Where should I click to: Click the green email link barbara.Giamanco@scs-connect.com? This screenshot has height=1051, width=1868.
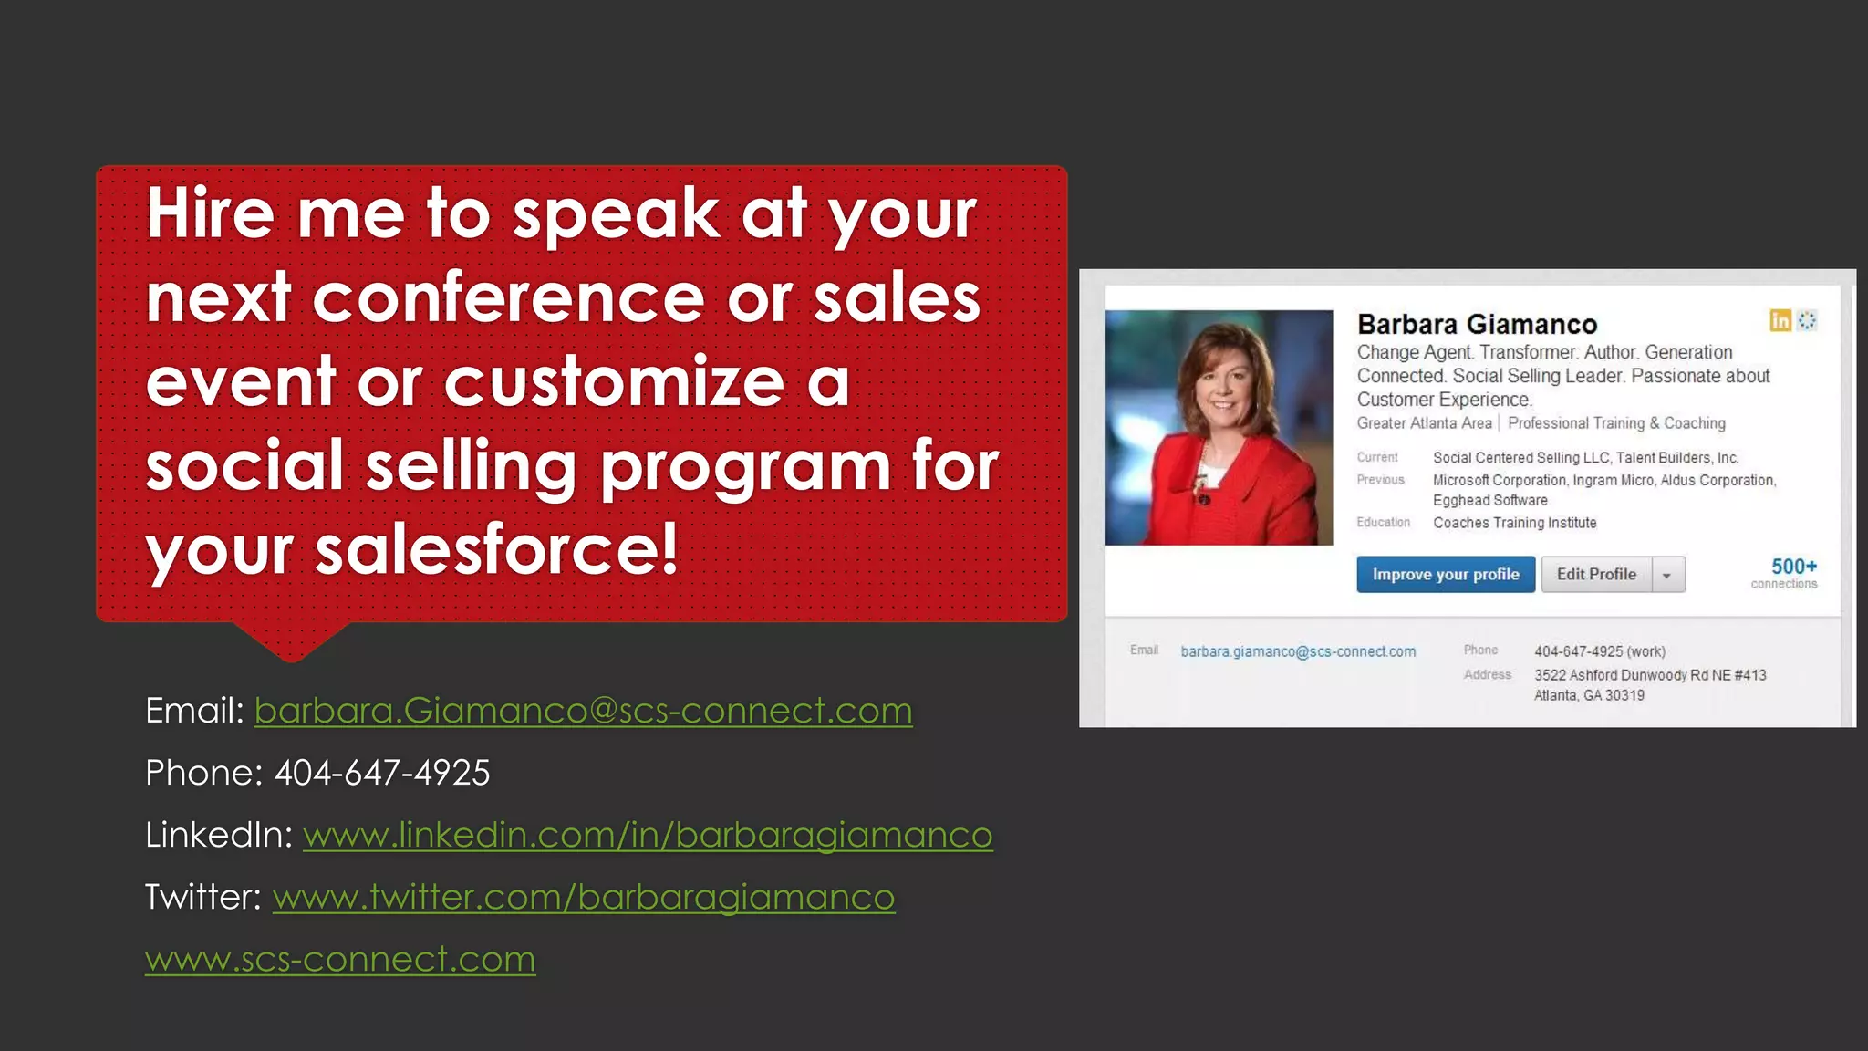point(583,711)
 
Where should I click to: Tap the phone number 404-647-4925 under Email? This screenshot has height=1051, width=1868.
point(382,773)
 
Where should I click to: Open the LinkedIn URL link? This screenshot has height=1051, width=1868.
point(648,835)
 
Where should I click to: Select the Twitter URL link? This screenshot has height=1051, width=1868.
point(584,897)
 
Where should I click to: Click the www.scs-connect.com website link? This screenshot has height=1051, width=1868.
point(340,959)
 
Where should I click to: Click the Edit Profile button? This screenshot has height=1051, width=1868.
point(1596,574)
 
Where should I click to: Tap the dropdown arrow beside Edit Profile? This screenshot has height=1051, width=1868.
point(1667,575)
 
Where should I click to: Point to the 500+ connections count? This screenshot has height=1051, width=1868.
point(1792,567)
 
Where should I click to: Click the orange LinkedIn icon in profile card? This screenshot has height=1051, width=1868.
point(1780,320)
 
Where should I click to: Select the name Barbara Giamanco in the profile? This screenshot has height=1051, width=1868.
point(1477,324)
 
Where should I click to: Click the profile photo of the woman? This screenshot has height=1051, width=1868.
point(1219,427)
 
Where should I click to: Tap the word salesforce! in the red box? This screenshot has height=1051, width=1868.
point(497,549)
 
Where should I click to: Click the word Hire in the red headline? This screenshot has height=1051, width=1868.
point(210,213)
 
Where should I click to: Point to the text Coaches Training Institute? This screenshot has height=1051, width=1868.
point(1514,523)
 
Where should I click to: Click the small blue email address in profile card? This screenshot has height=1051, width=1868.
point(1298,651)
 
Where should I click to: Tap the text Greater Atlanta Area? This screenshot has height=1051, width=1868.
point(1424,423)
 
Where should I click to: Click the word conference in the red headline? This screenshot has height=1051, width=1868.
point(509,297)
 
